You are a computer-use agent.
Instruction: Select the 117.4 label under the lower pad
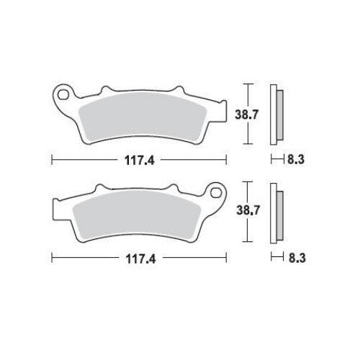click(140, 257)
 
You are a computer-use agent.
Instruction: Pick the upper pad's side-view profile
click(276, 114)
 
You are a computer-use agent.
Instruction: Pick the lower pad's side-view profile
click(276, 214)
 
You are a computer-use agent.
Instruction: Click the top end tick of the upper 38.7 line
click(248, 85)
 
